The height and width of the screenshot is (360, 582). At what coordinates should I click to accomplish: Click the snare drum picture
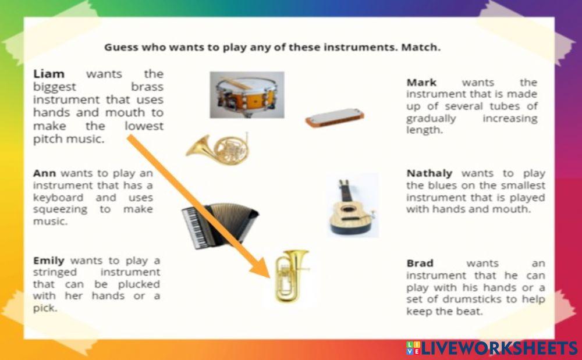pos(247,94)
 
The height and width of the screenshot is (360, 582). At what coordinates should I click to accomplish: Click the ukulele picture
pos(350,207)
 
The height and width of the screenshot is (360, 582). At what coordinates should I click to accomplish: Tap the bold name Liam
pos(49,74)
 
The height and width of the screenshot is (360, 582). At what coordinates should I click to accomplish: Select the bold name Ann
pos(45,173)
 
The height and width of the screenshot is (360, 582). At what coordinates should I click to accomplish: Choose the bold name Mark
pos(421,82)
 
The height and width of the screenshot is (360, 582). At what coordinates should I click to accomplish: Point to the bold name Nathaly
pos(432,173)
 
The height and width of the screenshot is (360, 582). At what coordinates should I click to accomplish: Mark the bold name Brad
pos(420,263)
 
